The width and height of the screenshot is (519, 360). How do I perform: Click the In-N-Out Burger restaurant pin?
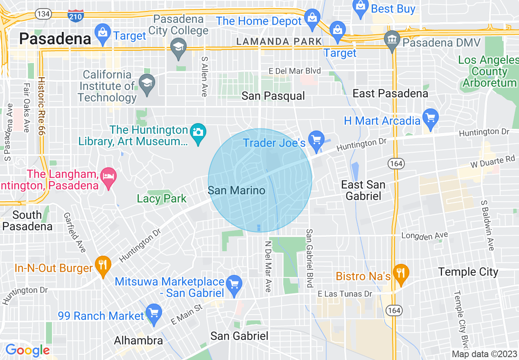103,265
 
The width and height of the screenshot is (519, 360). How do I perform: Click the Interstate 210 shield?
76,16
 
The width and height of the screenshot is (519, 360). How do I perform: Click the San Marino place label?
236,190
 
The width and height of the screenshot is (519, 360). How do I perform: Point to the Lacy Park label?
162,199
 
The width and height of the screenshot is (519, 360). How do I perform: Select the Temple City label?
468,272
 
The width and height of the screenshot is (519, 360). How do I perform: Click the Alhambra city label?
138,340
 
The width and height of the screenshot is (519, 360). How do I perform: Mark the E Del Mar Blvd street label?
295,71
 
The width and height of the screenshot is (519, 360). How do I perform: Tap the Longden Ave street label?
424,236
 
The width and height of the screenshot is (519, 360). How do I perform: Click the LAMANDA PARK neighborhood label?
279,41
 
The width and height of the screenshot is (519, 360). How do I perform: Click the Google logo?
27,350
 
